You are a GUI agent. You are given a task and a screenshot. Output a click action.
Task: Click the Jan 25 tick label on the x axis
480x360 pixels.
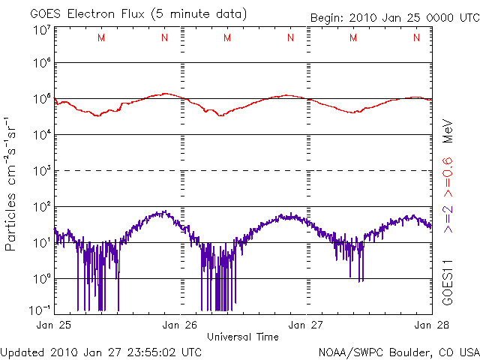(x=53, y=325)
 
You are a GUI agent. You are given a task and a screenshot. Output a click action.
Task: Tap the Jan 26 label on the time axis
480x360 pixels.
(x=180, y=325)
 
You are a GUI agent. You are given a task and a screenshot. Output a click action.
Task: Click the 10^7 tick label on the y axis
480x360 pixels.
(x=40, y=30)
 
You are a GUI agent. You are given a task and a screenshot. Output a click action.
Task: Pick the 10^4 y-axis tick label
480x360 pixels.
(x=40, y=135)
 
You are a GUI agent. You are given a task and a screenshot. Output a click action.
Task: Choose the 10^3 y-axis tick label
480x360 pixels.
(x=40, y=171)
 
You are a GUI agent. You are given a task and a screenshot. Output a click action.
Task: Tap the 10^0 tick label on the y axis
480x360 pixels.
(x=40, y=279)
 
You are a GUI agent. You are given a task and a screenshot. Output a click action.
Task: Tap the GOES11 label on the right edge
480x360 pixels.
(x=448, y=283)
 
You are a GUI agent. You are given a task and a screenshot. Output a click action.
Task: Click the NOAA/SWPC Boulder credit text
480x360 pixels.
(x=398, y=351)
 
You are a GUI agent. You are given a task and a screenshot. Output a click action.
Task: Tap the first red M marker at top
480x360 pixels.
(x=101, y=37)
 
